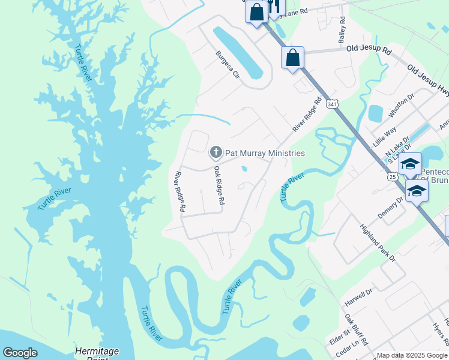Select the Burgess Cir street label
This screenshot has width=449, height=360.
coord(228,65)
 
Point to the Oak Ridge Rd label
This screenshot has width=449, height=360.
coord(220,187)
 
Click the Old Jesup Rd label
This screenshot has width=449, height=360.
coord(369,51)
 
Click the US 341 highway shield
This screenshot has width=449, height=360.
coord(333,104)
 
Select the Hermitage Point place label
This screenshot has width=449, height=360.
coord(97,353)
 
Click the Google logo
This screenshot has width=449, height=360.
coord(20,353)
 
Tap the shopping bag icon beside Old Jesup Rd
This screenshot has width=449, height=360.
coord(292,58)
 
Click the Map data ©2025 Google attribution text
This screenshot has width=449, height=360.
coord(411,355)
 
